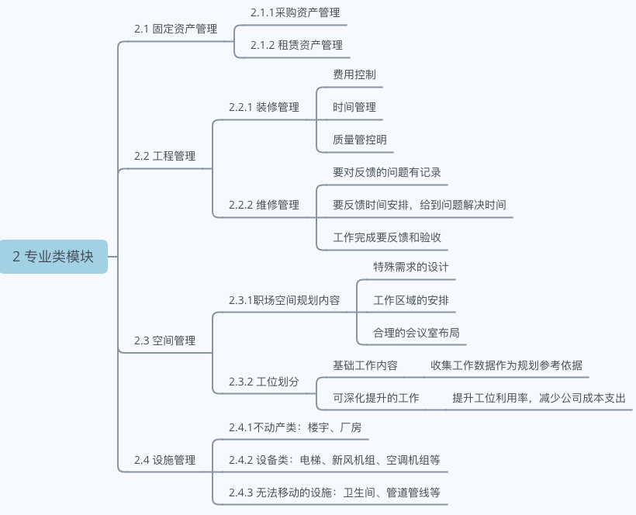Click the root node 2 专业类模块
tap(54, 257)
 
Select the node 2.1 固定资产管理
tap(175, 29)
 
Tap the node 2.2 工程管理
tap(164, 156)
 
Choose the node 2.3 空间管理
tap(164, 340)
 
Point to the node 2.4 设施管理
tap(164, 460)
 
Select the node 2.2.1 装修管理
tap(264, 107)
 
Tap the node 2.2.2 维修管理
tap(264, 205)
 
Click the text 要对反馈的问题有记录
tap(387, 172)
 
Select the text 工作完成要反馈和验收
tap(387, 237)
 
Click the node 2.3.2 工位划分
tap(264, 382)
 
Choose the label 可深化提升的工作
tap(376, 398)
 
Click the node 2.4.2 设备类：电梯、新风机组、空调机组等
tap(334, 460)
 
